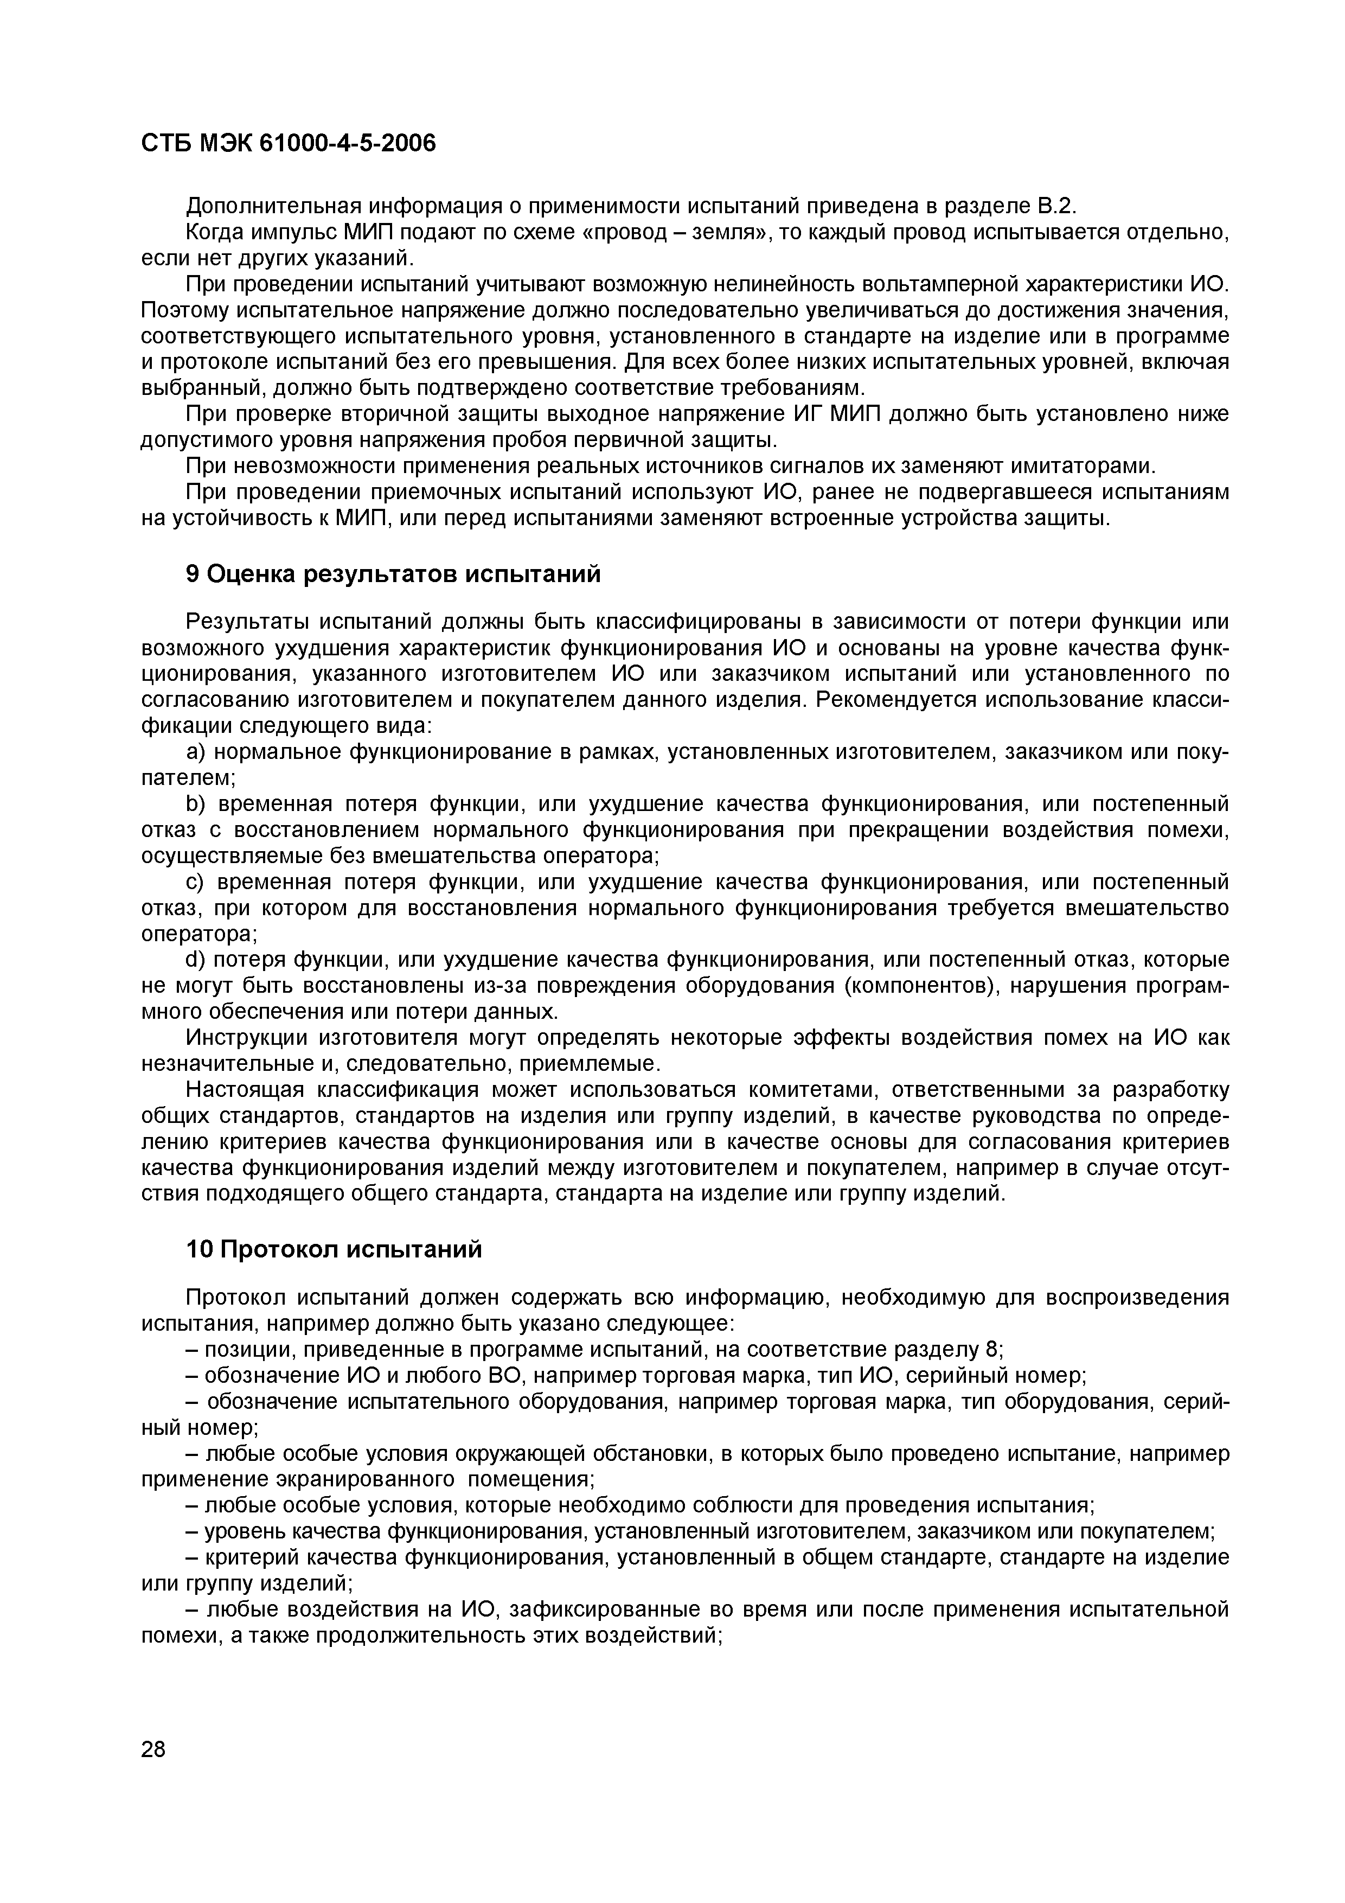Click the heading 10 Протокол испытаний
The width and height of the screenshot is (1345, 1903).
tap(333, 1250)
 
